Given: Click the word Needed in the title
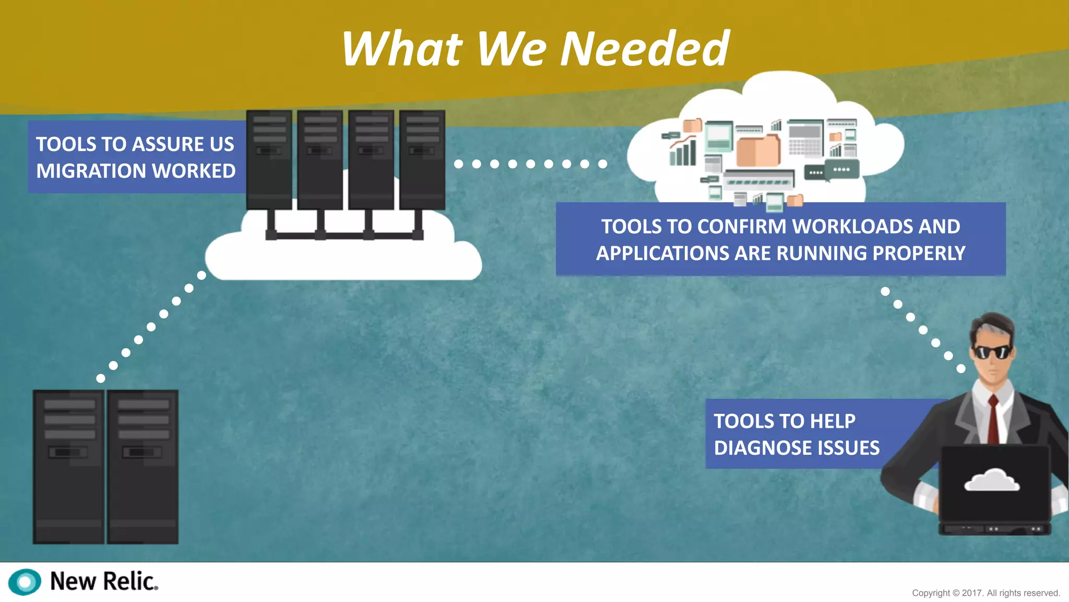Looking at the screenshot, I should [645, 49].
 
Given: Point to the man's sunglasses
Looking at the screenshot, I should [991, 352].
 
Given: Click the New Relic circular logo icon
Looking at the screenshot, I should [25, 582].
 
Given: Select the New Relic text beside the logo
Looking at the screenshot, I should [103, 581].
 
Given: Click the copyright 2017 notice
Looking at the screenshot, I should [985, 593].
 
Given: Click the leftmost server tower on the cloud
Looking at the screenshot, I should [269, 159].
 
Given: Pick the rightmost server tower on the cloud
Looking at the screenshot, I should [422, 159].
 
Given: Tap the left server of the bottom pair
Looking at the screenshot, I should [68, 466].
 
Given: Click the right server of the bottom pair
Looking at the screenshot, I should [142, 466].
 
